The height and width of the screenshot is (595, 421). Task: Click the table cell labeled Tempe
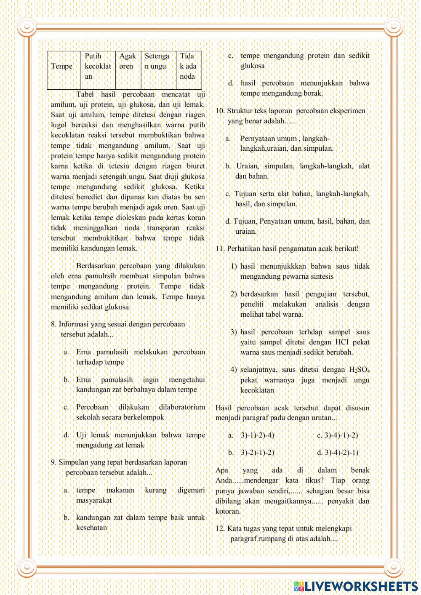pos(62,66)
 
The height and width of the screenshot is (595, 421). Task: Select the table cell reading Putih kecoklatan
pos(98,66)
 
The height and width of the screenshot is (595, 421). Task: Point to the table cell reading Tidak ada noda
pos(188,66)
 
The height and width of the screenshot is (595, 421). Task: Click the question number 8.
pos(53,324)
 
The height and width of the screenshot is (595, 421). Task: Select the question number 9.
pos(53,462)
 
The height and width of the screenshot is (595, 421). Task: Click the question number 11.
pos(220,249)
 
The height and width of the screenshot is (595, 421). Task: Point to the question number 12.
pos(220,528)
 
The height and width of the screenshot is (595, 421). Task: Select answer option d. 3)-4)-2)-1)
pos(338,453)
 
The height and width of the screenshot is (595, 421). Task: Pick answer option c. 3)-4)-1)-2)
pos(338,435)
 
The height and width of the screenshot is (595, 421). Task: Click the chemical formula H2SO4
pos(359,370)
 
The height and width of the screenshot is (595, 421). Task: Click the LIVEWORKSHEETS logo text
pos(361,586)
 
